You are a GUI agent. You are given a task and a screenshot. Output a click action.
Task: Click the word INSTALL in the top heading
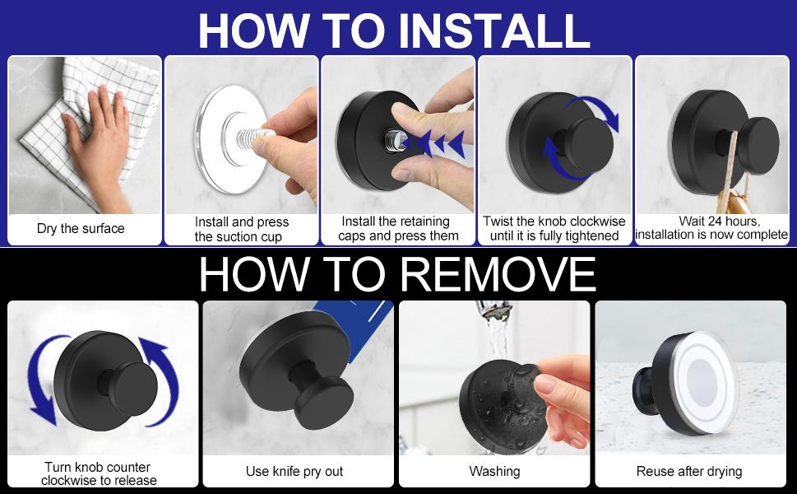coord(493,30)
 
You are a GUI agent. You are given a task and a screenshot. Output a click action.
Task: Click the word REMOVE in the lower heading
coord(498,274)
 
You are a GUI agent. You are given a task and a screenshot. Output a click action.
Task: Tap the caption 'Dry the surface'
coord(81,228)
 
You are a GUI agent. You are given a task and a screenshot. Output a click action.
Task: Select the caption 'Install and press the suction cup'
coord(242,229)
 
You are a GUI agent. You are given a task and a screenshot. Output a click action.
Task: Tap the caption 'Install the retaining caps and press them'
coord(398,228)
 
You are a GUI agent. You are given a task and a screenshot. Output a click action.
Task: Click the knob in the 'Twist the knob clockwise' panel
coord(589,144)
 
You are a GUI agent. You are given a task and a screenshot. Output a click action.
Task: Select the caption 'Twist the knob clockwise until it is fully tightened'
coord(554,228)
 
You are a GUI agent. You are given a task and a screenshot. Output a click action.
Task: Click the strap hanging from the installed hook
coord(728,172)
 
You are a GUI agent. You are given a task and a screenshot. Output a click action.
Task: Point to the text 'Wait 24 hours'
coord(719,221)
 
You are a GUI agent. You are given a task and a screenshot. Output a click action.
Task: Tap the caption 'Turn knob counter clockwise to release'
coord(99,473)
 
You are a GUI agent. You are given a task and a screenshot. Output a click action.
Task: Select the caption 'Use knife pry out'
coord(294,472)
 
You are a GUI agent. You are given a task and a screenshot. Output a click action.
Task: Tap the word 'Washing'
coord(494,472)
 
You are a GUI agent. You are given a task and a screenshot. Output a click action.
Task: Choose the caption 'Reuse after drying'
coord(689,472)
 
